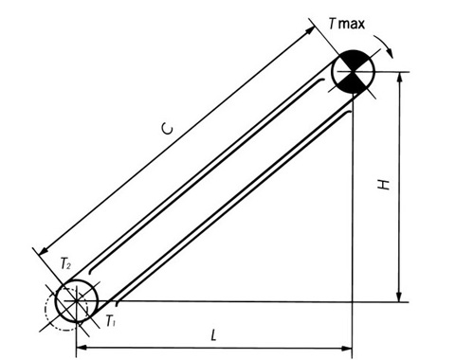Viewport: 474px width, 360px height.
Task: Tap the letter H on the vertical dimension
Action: pos(384,187)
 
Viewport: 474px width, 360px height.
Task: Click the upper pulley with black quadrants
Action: pos(353,73)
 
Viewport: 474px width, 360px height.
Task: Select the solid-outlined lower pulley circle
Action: pos(75,300)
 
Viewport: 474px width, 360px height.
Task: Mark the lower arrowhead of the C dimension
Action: pos(41,250)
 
